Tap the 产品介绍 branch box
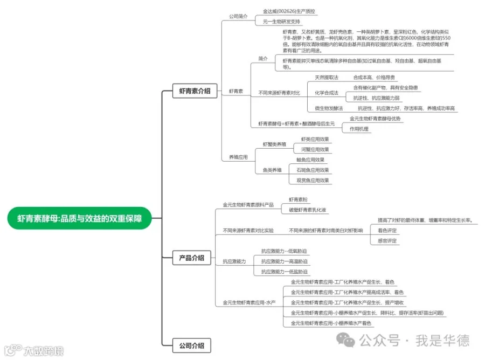[192, 258]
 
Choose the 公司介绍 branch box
[192, 345]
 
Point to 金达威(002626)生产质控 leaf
[289, 11]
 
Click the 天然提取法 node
[327, 77]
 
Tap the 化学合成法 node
[327, 93]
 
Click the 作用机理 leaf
[359, 129]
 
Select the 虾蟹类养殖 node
[274, 144]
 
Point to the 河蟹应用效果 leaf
[315, 149]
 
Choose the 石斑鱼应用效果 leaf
[313, 170]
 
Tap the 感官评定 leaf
[387, 240]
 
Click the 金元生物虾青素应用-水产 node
[249, 303]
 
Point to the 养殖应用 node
[238, 157]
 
